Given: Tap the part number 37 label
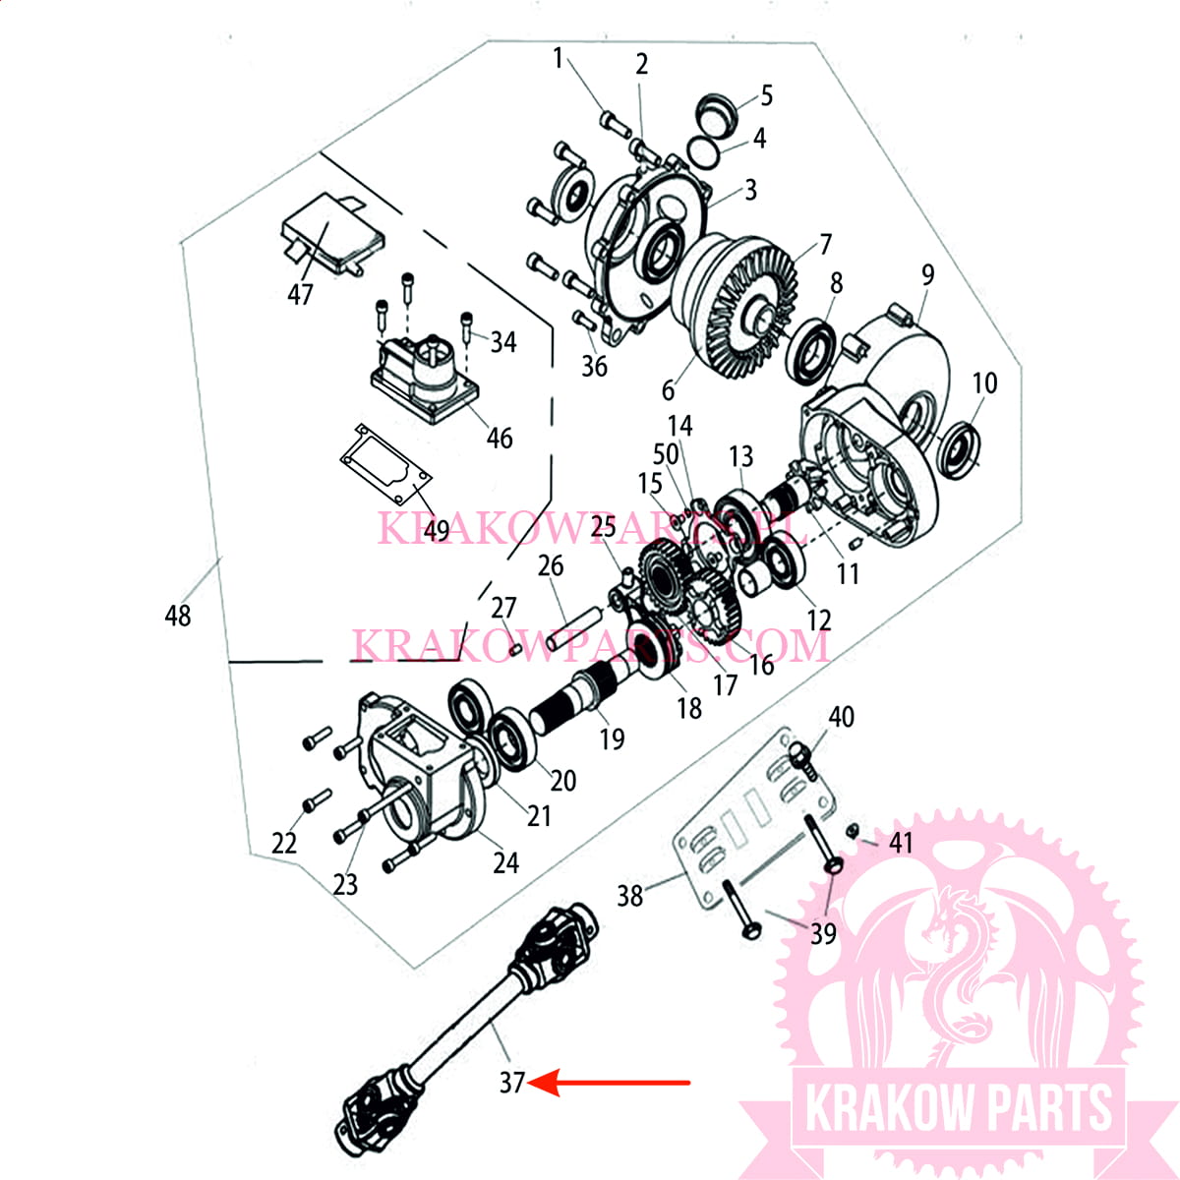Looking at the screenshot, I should tap(511, 1083).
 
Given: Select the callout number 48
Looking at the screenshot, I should tap(177, 617).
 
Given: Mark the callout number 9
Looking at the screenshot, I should tap(927, 275).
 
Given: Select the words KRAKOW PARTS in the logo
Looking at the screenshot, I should tap(959, 1109).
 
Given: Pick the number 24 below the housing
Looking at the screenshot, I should tap(505, 862).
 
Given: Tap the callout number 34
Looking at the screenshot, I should tap(503, 342).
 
